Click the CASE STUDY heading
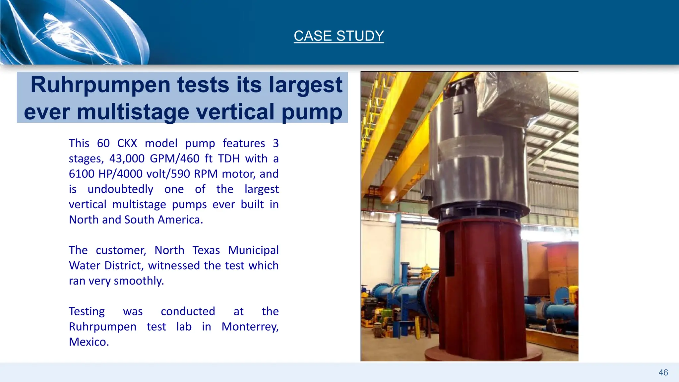(339, 36)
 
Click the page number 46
(663, 373)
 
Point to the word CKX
(127, 143)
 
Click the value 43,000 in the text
(127, 159)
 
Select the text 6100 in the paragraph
(82, 174)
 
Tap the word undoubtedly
(120, 189)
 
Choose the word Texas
(206, 250)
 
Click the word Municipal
(253, 250)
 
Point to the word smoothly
(139, 281)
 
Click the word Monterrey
(250, 327)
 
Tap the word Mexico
(89, 342)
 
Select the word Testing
(87, 311)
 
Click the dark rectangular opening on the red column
(450, 254)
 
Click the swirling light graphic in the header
(66, 33)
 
